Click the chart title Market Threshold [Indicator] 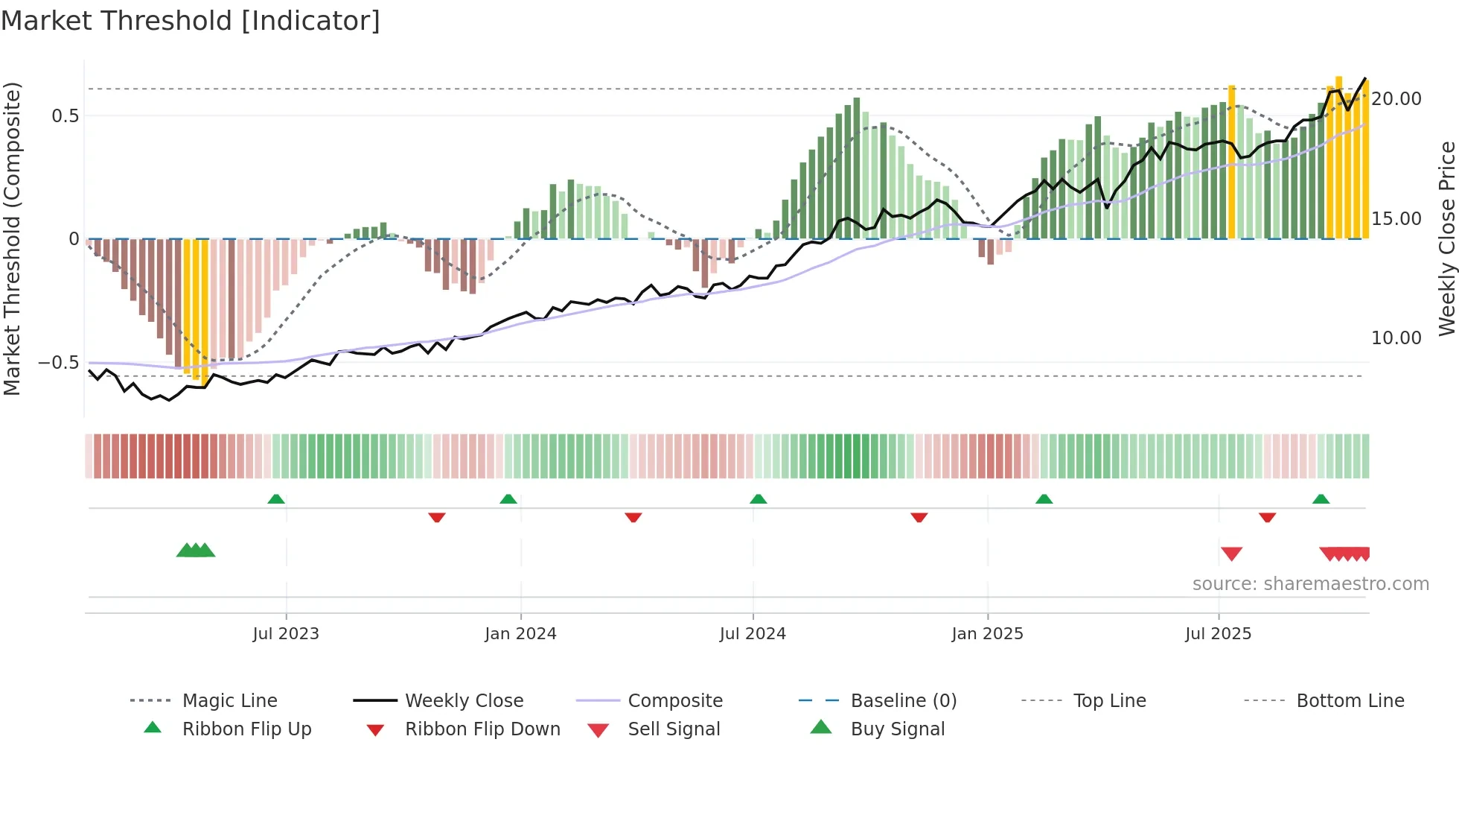(191, 21)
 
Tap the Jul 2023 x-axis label (286, 634)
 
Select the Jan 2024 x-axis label (520, 634)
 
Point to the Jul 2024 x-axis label (753, 634)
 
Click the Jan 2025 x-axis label (987, 634)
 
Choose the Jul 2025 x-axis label (1218, 634)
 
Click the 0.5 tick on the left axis (65, 116)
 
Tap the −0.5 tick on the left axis (59, 363)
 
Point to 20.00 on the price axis (1396, 99)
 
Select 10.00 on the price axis (1396, 338)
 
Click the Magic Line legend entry (229, 701)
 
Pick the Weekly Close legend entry (464, 701)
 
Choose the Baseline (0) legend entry (903, 701)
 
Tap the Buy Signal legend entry (897, 729)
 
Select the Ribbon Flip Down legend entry (482, 729)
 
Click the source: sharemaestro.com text (1310, 584)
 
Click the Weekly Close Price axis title (1446, 238)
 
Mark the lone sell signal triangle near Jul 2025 (1231, 554)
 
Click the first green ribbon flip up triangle (276, 499)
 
